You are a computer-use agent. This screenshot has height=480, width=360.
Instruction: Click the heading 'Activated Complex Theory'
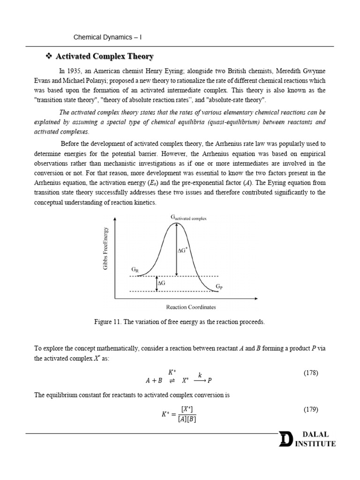pyautogui.click(x=105, y=57)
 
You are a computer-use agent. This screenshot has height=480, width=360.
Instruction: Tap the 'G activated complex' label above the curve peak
pyautogui.click(x=188, y=218)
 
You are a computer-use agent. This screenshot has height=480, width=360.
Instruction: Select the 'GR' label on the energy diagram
pyautogui.click(x=135, y=270)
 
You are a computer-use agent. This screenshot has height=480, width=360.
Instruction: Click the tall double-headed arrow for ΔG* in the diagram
pyautogui.click(x=176, y=249)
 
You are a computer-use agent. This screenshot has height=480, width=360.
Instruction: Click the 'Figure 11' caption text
pyautogui.click(x=180, y=322)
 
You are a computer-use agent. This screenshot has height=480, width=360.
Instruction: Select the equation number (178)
pyautogui.click(x=311, y=373)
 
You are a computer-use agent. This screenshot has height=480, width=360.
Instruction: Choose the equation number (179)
pyautogui.click(x=311, y=409)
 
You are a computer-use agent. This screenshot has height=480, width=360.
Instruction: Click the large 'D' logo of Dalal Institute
pyautogui.click(x=285, y=440)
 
